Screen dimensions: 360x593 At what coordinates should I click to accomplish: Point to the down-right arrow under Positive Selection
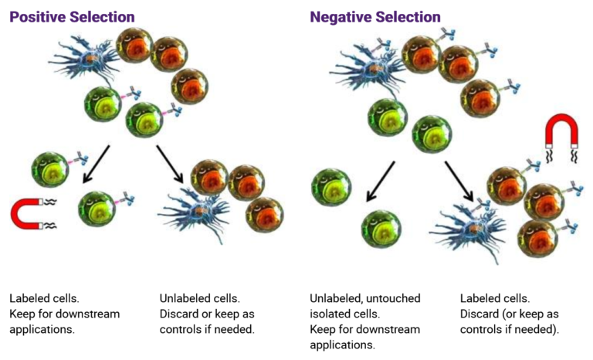tap(172, 163)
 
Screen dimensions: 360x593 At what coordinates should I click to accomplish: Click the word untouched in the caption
tap(386, 298)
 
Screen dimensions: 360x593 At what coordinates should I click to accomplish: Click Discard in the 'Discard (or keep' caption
tap(479, 314)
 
